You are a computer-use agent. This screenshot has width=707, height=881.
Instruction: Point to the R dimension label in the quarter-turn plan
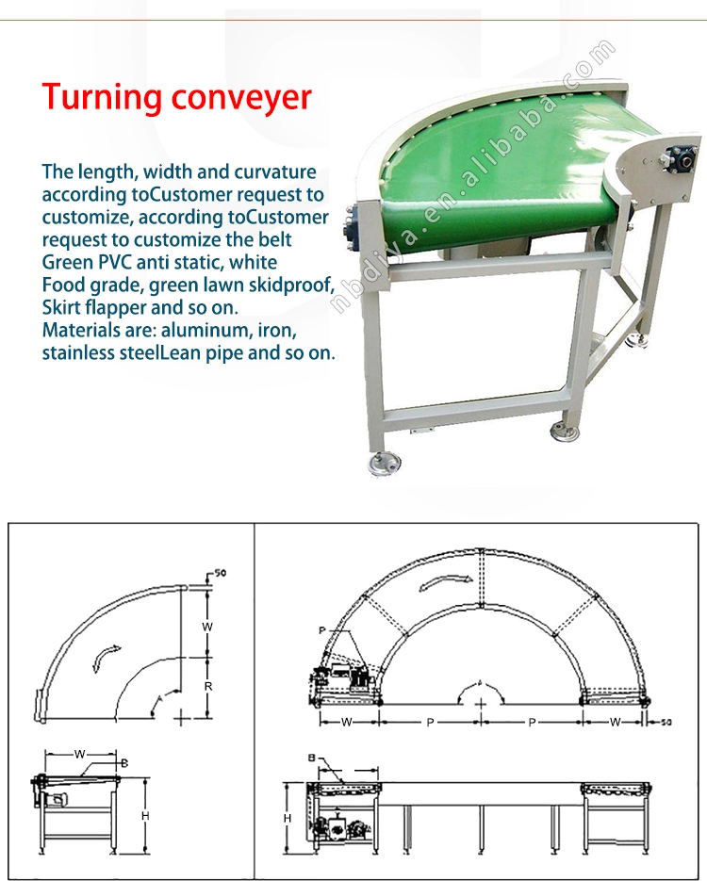tap(208, 687)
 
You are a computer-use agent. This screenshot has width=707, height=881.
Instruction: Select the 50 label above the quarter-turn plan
tap(221, 573)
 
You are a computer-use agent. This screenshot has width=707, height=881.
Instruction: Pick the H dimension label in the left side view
tap(144, 816)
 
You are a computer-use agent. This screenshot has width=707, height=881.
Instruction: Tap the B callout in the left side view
tap(124, 762)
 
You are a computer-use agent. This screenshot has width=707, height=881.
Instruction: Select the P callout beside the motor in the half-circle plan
tap(322, 630)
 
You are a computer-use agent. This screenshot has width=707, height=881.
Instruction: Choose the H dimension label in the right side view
tap(287, 820)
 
